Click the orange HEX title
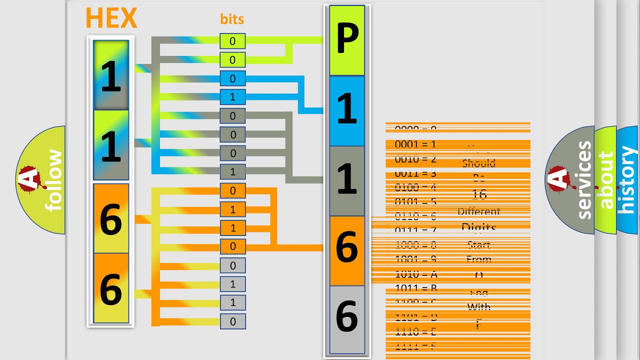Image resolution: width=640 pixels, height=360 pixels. tap(111, 19)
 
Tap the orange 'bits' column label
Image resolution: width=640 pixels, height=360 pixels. tap(232, 19)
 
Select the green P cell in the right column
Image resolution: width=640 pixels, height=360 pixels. tap(347, 41)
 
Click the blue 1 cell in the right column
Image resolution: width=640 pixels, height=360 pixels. tap(347, 110)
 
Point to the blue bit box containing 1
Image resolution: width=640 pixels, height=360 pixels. tap(232, 97)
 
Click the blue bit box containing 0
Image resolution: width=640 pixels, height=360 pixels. tap(232, 78)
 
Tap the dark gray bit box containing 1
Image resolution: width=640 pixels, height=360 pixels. tap(232, 171)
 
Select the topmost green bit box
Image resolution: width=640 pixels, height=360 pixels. tap(232, 41)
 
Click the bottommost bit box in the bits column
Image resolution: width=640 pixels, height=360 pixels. tap(232, 321)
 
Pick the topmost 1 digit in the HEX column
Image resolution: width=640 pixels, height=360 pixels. tap(111, 75)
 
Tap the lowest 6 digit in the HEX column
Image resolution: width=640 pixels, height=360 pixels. tap(111, 288)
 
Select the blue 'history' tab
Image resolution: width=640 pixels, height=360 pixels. tap(627, 180)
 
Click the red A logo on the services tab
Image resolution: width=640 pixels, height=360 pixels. tap(558, 179)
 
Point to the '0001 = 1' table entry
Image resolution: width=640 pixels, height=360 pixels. tap(415, 144)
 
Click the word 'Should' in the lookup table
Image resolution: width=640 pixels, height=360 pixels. tap(478, 163)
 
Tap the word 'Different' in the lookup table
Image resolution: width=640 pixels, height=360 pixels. tap(478, 211)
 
